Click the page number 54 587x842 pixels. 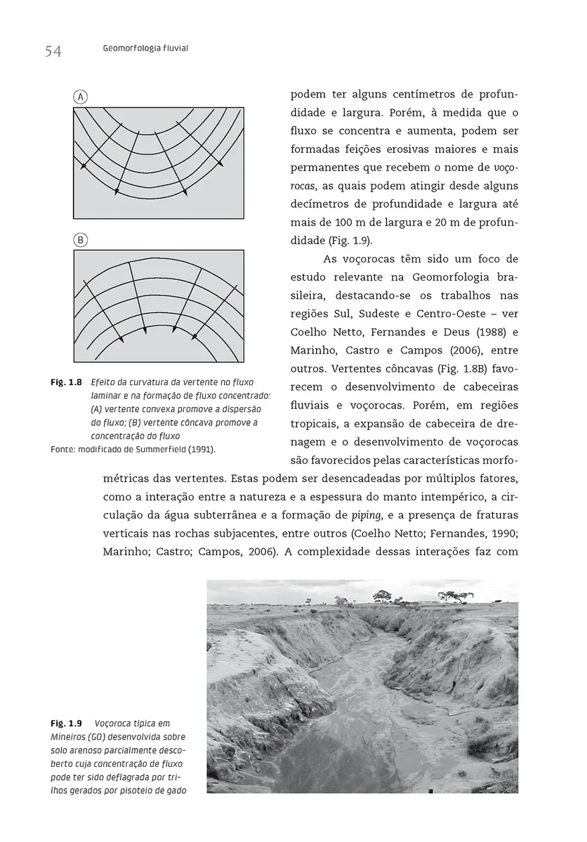[53, 51]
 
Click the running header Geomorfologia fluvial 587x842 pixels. [145, 48]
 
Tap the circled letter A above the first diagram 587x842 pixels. [81, 97]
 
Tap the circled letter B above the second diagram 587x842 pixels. [81, 240]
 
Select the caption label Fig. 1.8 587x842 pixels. [66, 383]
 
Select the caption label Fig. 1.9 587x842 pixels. [67, 723]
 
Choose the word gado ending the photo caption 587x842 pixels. [175, 790]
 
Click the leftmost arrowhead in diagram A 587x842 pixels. [83, 166]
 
